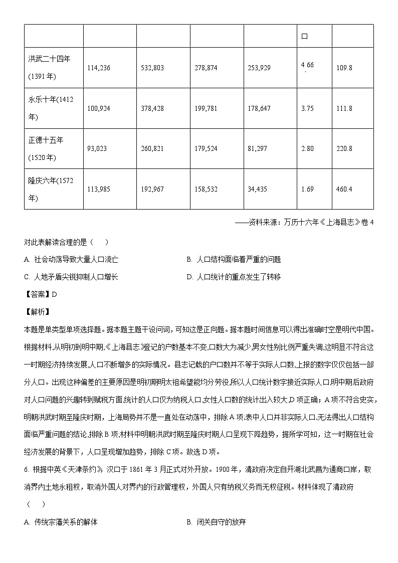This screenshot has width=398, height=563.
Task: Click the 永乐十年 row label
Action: [x=51, y=108]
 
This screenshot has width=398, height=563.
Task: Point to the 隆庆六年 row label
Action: [x=51, y=189]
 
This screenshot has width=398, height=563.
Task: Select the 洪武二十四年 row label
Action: [x=49, y=67]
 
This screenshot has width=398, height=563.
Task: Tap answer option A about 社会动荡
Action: [x=71, y=260]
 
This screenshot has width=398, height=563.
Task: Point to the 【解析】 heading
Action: [x=37, y=312]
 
